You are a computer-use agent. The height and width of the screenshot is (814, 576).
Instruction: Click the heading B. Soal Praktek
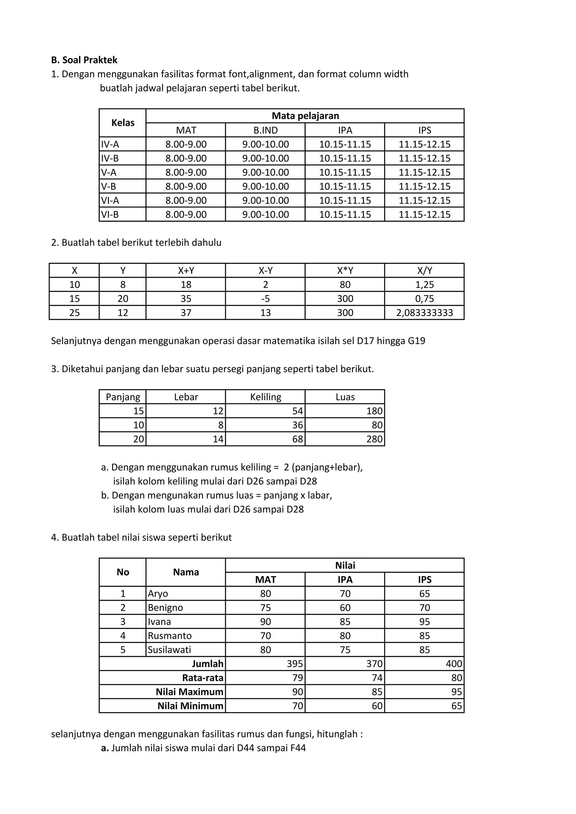84,60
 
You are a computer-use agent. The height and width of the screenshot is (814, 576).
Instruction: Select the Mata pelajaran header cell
305,116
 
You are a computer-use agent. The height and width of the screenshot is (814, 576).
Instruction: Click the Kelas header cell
123,123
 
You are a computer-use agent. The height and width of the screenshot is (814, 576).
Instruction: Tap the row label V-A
109,172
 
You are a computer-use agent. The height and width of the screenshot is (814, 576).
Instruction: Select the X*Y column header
345,270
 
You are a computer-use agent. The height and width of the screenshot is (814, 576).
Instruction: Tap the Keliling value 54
297,411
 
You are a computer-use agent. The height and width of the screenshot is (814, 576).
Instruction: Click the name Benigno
165,608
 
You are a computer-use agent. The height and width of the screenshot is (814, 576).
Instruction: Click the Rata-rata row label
202,678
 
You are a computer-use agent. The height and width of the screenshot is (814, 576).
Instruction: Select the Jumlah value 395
295,664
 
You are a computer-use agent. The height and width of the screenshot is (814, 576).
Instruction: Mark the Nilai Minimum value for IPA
377,706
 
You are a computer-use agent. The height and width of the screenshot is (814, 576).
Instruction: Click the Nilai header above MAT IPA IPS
345,566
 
